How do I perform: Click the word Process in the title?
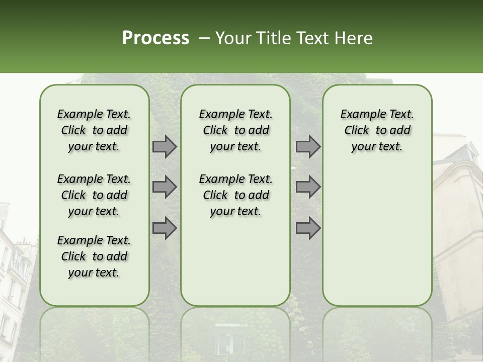tap(155, 38)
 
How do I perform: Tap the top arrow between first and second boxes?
tap(165, 147)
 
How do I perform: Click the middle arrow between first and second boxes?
tap(165, 187)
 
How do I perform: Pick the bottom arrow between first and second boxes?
tap(165, 228)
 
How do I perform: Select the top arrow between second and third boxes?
tap(308, 147)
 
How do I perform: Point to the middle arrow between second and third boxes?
tap(308, 187)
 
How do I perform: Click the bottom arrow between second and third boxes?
tap(308, 228)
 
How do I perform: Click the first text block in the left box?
tap(94, 130)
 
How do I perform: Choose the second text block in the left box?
tap(94, 195)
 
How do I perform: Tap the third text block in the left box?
tap(94, 256)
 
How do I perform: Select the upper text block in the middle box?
tap(235, 130)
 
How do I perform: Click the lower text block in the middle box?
tap(235, 195)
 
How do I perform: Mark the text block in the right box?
tap(377, 130)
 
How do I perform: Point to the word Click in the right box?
tap(357, 131)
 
